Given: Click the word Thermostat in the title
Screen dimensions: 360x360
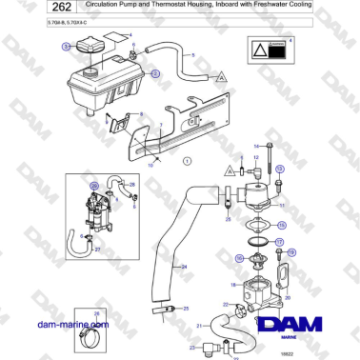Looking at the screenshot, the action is click(x=180, y=7).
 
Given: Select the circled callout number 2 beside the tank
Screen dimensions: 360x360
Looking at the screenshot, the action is click(x=155, y=72).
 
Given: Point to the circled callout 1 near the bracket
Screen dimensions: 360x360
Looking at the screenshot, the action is click(x=187, y=161).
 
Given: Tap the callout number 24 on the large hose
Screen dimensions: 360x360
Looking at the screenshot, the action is click(x=184, y=267).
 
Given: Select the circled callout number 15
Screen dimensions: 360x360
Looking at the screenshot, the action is click(x=281, y=226).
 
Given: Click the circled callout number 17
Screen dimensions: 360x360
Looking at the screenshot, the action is click(x=280, y=242).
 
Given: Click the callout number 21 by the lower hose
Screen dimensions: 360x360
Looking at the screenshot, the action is click(x=200, y=327).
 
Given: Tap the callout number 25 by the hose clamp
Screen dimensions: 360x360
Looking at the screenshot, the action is click(x=187, y=309).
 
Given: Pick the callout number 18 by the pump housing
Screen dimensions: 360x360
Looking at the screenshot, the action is click(x=233, y=284).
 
